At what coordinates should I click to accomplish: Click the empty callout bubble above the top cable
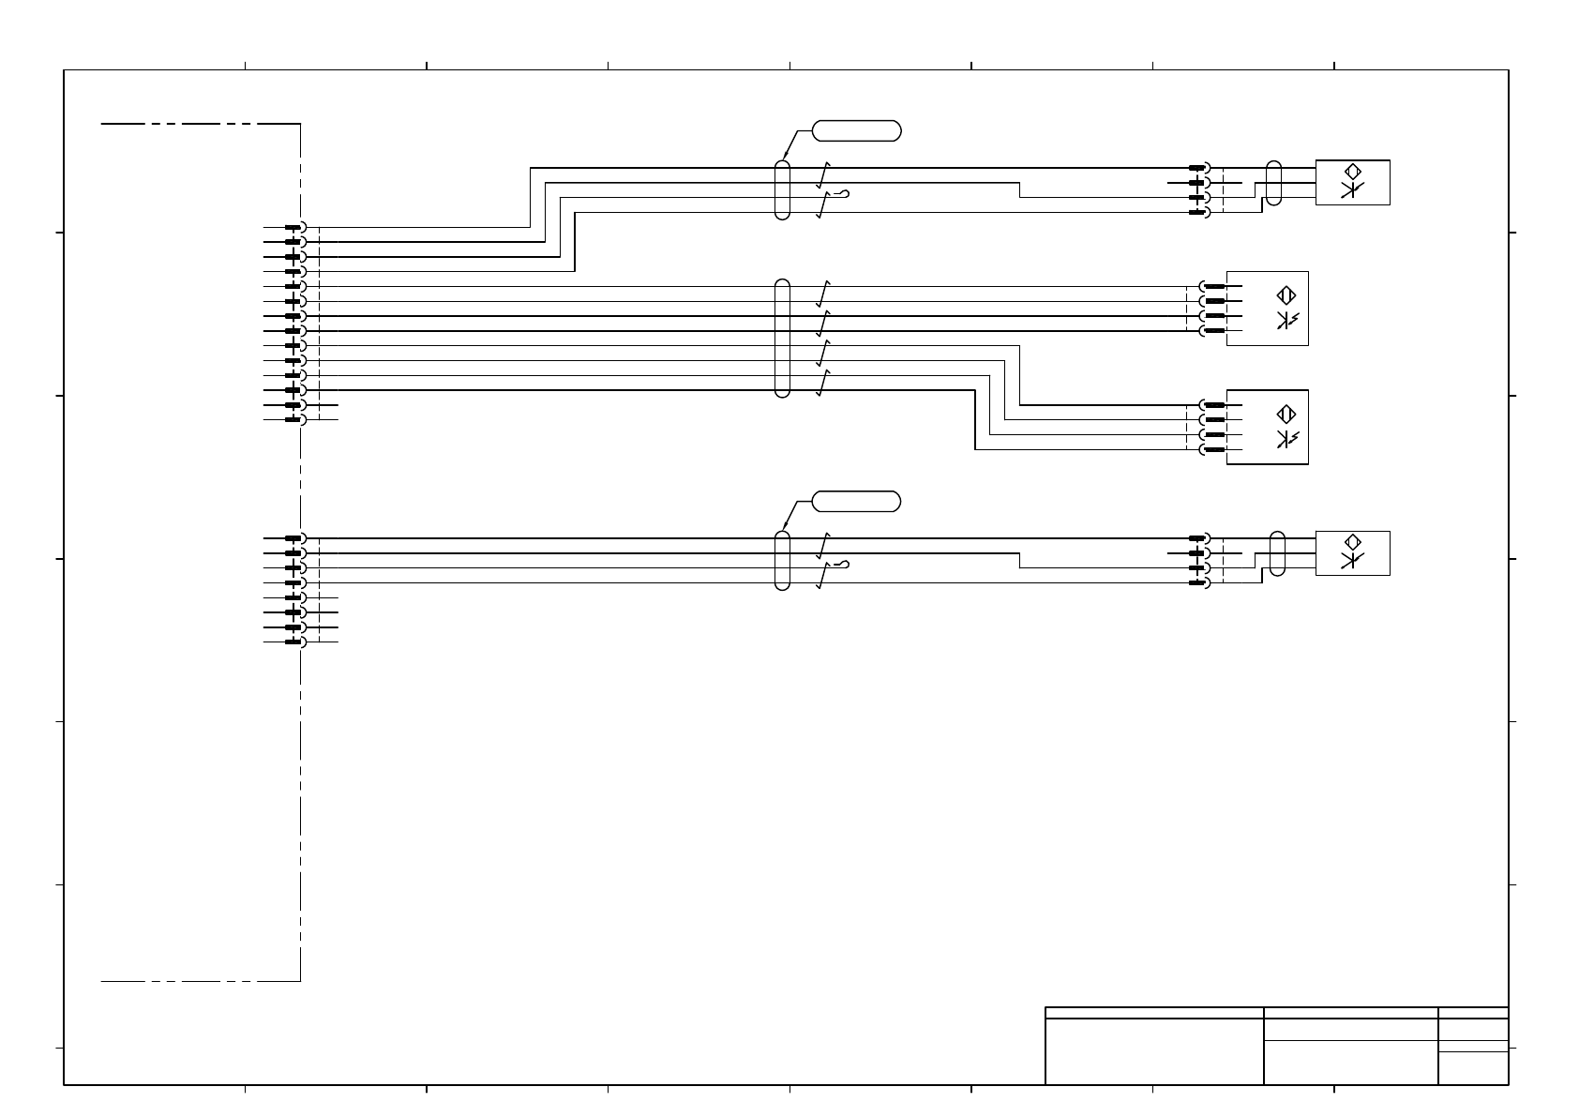tap(856, 130)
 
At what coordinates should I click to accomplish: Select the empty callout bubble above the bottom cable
tap(856, 502)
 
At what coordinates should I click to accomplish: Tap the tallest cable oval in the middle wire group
tap(783, 338)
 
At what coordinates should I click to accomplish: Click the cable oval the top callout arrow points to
tap(783, 190)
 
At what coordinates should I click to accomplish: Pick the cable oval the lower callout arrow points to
tap(783, 561)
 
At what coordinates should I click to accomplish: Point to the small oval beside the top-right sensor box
tap(1273, 183)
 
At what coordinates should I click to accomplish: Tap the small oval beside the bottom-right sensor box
tap(1276, 553)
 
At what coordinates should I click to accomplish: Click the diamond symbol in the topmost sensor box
tap(1352, 173)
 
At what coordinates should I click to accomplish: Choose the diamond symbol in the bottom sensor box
tap(1352, 543)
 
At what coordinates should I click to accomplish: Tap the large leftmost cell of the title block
tap(1154, 1050)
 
